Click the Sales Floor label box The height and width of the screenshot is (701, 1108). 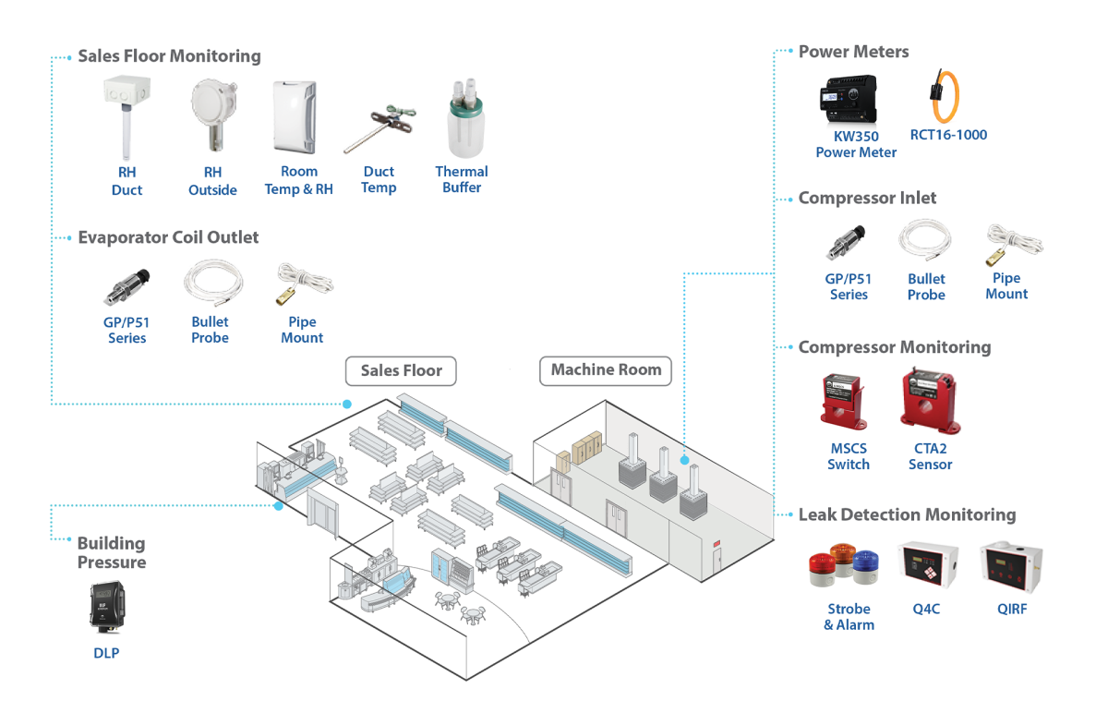click(x=401, y=371)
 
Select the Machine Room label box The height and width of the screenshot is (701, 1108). click(x=606, y=370)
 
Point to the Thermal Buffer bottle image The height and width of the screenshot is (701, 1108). click(x=461, y=119)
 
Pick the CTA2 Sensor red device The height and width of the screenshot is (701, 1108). click(x=929, y=400)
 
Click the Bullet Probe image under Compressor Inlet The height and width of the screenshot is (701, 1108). click(x=924, y=243)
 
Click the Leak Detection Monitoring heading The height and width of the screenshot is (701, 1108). click(x=907, y=515)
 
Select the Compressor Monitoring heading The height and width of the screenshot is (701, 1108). click(x=894, y=347)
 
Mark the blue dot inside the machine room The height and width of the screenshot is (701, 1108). click(x=684, y=458)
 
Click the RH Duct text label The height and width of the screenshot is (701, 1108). click(x=126, y=181)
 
